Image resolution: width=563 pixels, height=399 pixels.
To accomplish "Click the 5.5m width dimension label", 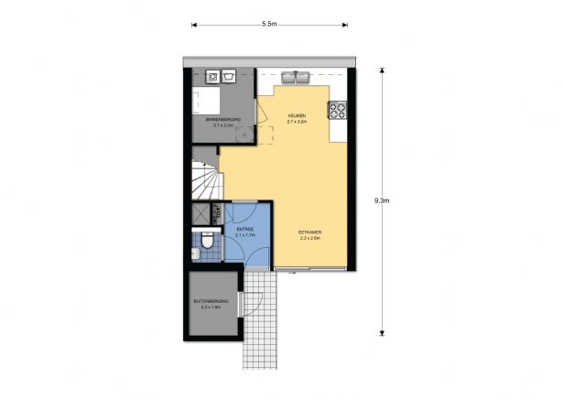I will coord(269,23).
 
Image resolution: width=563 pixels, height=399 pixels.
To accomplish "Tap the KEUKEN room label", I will coord(295,115).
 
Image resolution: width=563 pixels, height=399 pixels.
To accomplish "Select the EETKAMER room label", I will coord(309,232).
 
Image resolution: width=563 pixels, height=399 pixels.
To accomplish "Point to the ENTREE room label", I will coord(244,231).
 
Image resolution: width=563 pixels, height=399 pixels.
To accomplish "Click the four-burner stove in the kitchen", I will coord(338,110).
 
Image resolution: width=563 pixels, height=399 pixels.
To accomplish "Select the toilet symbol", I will coord(208,243).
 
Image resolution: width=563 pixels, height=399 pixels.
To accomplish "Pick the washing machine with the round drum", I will coord(212,76).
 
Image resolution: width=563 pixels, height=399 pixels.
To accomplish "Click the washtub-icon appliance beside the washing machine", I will coord(229,76).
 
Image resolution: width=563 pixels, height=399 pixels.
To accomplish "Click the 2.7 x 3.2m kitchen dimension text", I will coord(295,122).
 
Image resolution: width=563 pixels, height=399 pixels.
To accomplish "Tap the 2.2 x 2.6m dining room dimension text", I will coord(309,239).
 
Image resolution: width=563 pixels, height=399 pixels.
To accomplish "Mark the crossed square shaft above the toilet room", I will coord(200,213).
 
